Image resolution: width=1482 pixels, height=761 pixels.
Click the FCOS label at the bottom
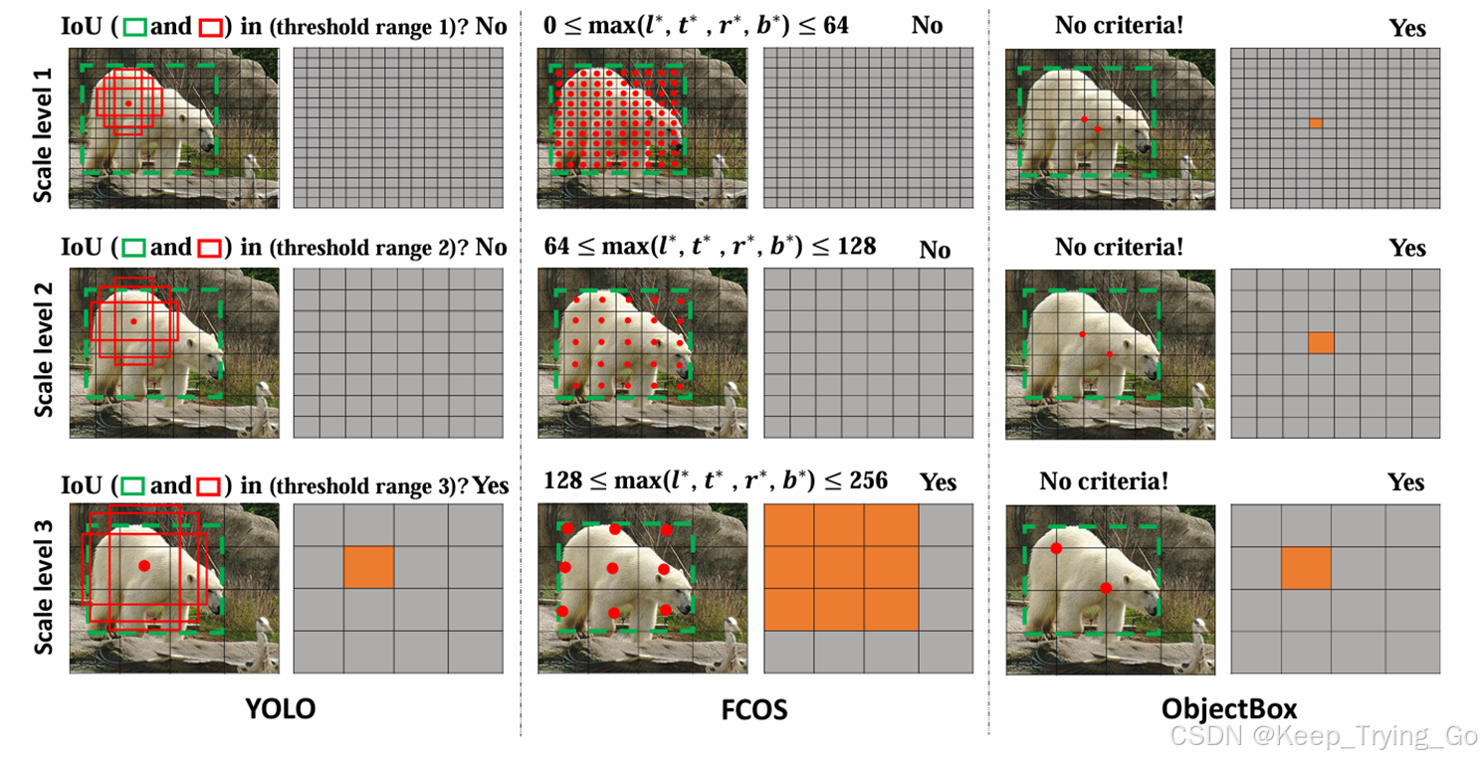(x=754, y=708)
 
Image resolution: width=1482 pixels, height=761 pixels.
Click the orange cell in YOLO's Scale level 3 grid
(x=368, y=566)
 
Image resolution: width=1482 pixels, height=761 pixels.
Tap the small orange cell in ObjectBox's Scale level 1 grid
(x=1316, y=122)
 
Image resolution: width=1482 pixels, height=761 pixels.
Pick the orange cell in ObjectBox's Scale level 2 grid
(x=1321, y=342)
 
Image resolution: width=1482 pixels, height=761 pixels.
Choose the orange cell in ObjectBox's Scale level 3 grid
(x=1306, y=567)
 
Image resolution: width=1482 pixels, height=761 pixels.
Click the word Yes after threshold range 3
(x=490, y=485)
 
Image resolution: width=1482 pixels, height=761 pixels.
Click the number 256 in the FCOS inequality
(x=867, y=479)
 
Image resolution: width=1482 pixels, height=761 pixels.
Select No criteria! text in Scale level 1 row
(x=1120, y=25)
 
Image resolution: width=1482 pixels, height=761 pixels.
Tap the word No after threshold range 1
(x=491, y=26)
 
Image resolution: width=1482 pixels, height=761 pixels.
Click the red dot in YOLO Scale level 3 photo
(x=144, y=565)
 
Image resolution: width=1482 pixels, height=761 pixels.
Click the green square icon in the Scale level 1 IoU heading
(x=134, y=27)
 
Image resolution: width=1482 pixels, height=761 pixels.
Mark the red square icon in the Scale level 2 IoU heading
(x=209, y=247)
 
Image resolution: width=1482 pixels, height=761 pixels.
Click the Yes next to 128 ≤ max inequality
(x=938, y=482)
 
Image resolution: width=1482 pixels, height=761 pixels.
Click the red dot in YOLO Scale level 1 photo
(x=128, y=103)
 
